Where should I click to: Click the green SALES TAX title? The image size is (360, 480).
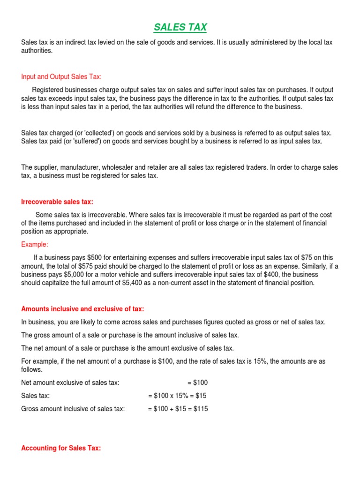[x=180, y=27]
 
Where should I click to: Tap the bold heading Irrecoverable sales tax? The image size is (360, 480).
[x=57, y=202]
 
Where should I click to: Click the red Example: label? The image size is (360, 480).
[x=35, y=244]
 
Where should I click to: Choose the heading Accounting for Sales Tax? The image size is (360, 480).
[x=61, y=448]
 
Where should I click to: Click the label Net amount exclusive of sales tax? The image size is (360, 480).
[x=70, y=382]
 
